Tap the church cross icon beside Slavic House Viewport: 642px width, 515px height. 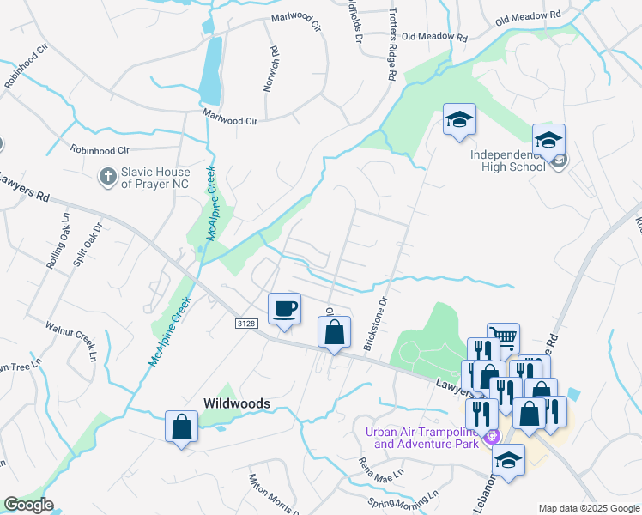click(x=107, y=176)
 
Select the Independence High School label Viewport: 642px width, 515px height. click(x=507, y=161)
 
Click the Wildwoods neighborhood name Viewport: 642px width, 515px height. click(x=237, y=403)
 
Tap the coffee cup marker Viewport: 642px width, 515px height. click(x=284, y=309)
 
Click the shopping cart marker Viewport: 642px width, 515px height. click(x=503, y=337)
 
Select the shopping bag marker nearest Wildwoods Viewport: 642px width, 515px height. click(x=182, y=427)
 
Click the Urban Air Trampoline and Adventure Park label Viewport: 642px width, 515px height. click(x=424, y=438)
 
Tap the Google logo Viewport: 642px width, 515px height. click(x=28, y=505)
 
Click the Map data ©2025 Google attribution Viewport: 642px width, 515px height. click(x=588, y=508)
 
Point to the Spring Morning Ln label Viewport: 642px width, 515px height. click(x=403, y=498)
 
